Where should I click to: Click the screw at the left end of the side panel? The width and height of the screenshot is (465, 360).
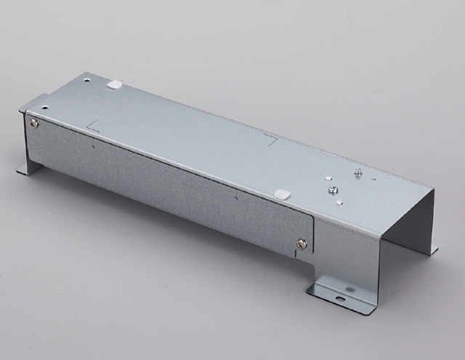[x=34, y=123]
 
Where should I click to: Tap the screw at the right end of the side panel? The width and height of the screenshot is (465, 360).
[x=302, y=244]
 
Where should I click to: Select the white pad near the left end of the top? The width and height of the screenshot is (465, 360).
[x=114, y=84]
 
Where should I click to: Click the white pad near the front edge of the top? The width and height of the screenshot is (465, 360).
[x=282, y=195]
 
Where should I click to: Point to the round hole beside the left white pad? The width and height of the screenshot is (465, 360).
[x=87, y=79]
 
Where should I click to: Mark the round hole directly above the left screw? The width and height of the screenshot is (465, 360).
[x=44, y=107]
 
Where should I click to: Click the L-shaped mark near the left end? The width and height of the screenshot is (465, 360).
[x=92, y=127]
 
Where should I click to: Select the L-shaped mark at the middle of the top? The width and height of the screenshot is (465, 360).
[x=271, y=139]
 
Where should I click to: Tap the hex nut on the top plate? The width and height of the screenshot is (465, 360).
[x=332, y=191]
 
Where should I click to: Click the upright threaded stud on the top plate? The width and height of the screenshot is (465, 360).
[x=357, y=172]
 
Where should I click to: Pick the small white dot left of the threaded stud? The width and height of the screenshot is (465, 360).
[x=328, y=177]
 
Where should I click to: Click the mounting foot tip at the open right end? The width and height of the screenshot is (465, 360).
[x=434, y=251]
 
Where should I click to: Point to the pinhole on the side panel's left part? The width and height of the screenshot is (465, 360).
[x=93, y=144]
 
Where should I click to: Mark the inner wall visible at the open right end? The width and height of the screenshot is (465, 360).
[x=411, y=225]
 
